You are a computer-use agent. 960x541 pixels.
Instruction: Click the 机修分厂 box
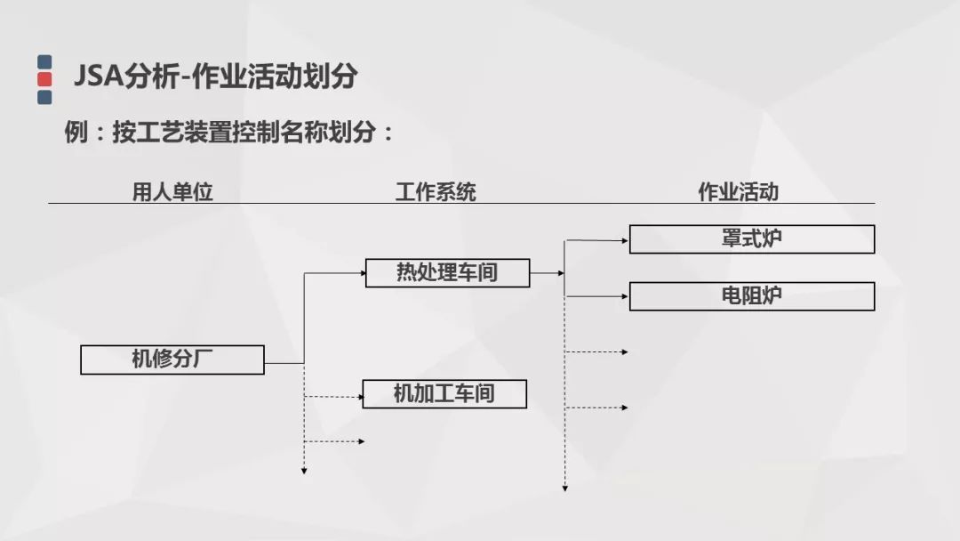(x=172, y=359)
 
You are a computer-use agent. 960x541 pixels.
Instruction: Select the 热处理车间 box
(x=447, y=272)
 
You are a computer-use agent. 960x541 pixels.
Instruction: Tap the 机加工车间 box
(x=444, y=394)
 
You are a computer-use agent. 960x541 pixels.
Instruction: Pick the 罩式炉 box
(x=752, y=239)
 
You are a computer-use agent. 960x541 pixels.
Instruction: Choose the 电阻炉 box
(x=752, y=296)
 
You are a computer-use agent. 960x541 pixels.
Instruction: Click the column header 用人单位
(x=172, y=192)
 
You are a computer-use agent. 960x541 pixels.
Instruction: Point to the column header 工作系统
(x=436, y=192)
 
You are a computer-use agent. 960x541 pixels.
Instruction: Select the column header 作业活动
(x=739, y=192)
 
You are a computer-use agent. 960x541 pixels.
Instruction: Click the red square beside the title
(x=44, y=79)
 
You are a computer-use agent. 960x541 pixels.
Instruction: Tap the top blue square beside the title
(x=44, y=62)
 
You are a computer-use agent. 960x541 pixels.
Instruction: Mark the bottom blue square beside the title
(x=44, y=97)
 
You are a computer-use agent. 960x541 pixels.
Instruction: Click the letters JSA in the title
(x=97, y=77)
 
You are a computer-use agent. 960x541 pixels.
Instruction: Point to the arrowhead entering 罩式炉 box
(x=625, y=241)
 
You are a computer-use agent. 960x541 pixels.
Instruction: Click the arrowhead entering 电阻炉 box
(x=625, y=296)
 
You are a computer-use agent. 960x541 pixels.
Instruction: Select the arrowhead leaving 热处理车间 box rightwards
(x=561, y=272)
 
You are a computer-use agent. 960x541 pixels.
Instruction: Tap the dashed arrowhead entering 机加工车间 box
(x=360, y=397)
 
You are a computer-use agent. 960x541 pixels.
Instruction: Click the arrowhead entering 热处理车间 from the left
(x=363, y=272)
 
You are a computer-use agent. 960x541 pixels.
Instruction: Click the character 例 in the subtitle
(x=76, y=132)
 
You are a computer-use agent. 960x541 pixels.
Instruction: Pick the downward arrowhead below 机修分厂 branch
(x=304, y=471)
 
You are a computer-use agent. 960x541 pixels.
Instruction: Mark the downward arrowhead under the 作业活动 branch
(x=565, y=489)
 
